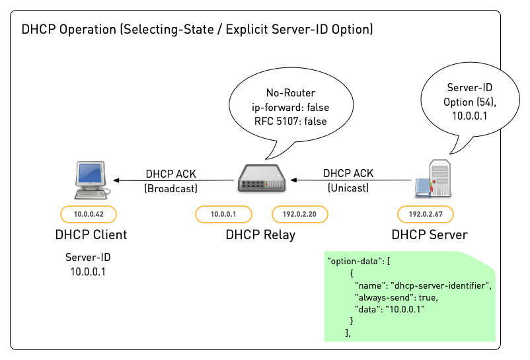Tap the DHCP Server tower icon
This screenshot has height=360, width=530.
pyautogui.click(x=434, y=178)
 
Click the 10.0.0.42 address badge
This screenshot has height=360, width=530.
pyautogui.click(x=88, y=214)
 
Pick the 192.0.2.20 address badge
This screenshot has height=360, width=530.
pyautogui.click(x=300, y=214)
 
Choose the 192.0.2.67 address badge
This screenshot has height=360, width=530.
pyautogui.click(x=425, y=214)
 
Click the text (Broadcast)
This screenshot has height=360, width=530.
pyautogui.click(x=170, y=188)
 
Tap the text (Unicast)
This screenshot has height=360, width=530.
pyautogui.click(x=348, y=188)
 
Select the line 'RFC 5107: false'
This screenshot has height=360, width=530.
pyautogui.click(x=290, y=120)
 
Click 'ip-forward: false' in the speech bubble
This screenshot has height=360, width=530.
pyautogui.click(x=290, y=106)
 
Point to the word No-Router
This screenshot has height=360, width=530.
pyautogui.click(x=290, y=92)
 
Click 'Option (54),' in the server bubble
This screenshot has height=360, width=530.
pyautogui.click(x=470, y=102)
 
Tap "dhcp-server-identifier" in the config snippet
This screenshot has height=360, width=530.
pyautogui.click(x=442, y=285)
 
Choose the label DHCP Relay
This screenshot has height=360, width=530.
pyautogui.click(x=260, y=234)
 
